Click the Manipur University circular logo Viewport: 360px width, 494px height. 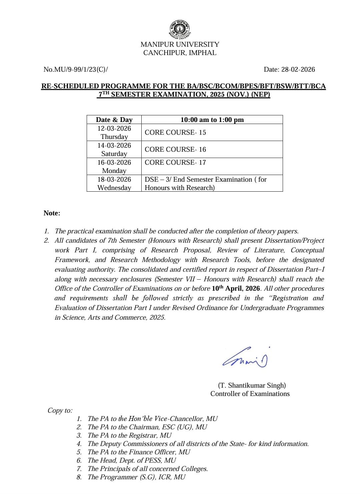click(180, 29)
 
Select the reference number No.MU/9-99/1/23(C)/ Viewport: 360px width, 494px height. click(76, 69)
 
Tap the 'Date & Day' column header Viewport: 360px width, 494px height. click(114, 120)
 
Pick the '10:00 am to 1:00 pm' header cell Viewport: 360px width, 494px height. click(212, 120)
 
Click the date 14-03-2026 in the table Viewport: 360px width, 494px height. click(114, 145)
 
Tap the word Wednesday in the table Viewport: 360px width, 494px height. click(114, 188)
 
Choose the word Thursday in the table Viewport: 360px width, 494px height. click(114, 137)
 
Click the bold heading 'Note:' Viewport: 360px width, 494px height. click(52, 213)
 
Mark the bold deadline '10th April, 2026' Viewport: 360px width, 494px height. click(236, 288)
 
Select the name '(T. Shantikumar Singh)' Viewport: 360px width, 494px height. click(252, 385)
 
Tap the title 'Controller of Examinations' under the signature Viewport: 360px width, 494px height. click(250, 394)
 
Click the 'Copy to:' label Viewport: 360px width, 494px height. click(60, 410)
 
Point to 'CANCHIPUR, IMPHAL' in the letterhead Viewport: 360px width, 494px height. click(180, 53)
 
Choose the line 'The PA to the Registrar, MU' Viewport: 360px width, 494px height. click(129, 435)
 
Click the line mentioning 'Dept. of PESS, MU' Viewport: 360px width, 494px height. click(132, 460)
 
